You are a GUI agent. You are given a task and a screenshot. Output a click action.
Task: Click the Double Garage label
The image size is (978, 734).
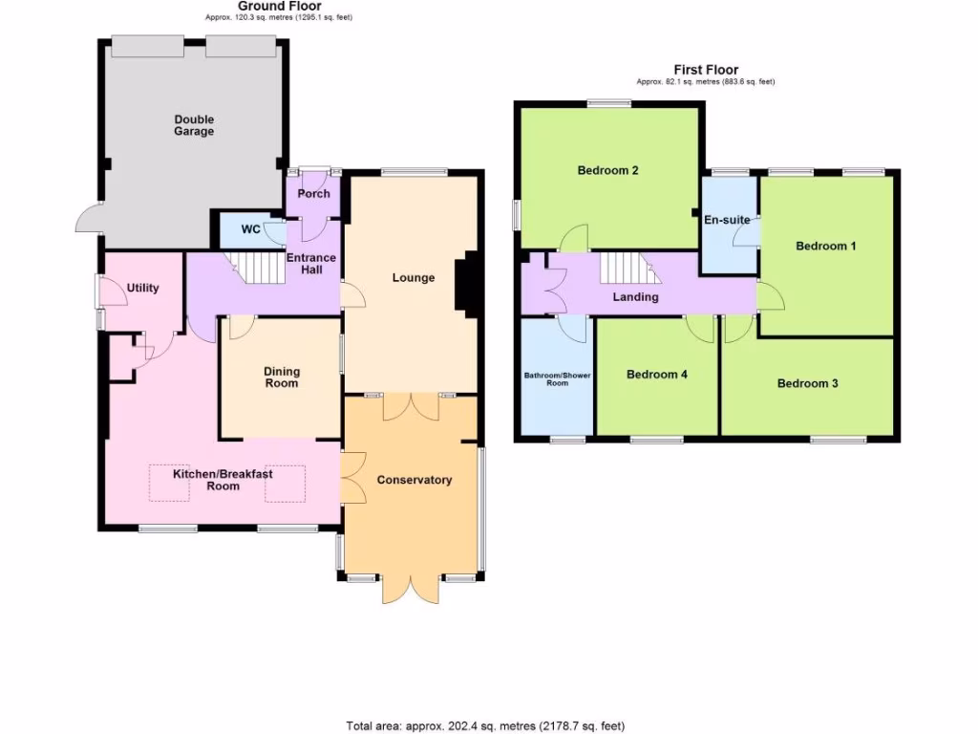click(x=194, y=125)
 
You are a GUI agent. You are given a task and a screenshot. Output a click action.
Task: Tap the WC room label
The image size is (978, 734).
click(x=250, y=229)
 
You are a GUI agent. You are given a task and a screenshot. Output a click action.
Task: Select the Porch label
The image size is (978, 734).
click(x=313, y=193)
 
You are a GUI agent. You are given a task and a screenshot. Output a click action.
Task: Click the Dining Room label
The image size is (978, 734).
click(x=282, y=378)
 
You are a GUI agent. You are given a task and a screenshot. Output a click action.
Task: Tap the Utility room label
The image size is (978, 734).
click(x=143, y=288)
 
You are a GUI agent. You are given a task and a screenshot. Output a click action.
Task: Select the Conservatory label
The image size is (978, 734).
click(x=414, y=480)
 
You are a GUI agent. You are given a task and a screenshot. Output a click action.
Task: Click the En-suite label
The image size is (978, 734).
click(x=727, y=220)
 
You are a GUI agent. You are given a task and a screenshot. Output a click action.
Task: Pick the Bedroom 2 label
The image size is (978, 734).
click(x=607, y=171)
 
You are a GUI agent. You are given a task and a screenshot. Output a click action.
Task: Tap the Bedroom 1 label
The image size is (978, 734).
click(x=825, y=246)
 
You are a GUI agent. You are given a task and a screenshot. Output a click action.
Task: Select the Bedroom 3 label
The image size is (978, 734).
click(x=807, y=383)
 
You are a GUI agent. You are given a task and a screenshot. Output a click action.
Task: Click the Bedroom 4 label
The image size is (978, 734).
click(x=656, y=375)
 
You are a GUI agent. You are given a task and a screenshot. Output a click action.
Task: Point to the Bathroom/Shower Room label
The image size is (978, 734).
click(x=557, y=378)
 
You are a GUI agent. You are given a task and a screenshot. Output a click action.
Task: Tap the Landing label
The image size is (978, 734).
click(x=635, y=297)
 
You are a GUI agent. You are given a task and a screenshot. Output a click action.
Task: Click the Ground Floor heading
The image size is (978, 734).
click(x=279, y=6)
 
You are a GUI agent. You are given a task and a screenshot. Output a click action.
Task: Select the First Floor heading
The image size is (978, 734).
click(x=706, y=70)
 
